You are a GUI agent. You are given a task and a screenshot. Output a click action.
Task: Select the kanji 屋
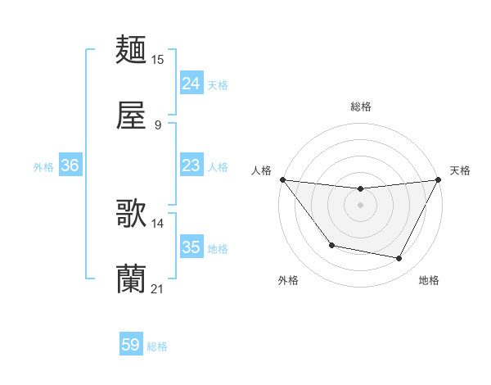132,116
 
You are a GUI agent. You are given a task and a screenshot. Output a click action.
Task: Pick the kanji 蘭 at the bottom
132,279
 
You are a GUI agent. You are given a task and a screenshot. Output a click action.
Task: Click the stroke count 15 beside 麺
158,59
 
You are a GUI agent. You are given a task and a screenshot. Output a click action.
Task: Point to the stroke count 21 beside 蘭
158,288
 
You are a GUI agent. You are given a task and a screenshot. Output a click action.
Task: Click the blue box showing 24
191,83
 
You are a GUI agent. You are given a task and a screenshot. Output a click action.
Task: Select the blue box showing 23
191,165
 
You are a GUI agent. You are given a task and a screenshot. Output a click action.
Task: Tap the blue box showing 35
191,247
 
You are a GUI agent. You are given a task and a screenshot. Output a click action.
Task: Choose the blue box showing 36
70,165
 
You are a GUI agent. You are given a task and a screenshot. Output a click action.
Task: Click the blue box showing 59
131,345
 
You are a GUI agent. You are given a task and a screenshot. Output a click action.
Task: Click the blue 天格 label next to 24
218,84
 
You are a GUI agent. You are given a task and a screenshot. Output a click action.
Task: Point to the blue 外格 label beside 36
43,166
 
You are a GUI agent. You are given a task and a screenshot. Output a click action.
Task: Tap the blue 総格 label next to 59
157,346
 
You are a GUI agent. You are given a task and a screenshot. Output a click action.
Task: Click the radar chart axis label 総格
361,106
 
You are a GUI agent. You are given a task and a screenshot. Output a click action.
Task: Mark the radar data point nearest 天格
439,179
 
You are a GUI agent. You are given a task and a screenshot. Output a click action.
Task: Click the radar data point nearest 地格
399,259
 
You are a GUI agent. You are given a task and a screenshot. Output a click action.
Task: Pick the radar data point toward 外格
331,245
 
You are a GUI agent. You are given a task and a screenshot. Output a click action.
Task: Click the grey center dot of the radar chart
361,205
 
